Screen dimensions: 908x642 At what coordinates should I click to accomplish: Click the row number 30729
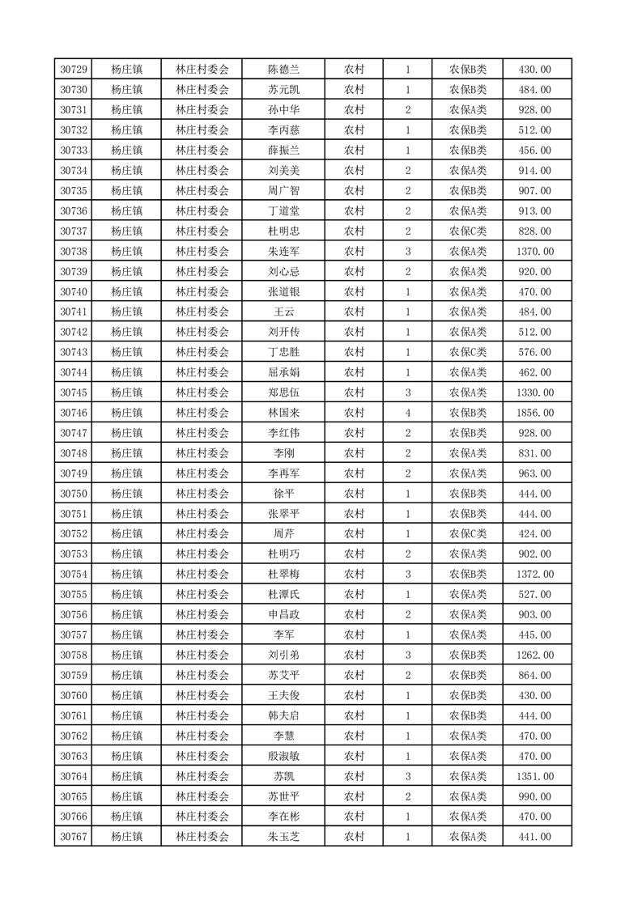pyautogui.click(x=74, y=70)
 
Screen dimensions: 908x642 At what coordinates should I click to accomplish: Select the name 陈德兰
pyautogui.click(x=284, y=70)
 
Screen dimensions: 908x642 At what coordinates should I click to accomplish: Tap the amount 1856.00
pyautogui.click(x=534, y=413)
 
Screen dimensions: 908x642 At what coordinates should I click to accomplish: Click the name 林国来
pyautogui.click(x=284, y=413)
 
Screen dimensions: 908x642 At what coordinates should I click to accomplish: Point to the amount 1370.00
pyautogui.click(x=534, y=252)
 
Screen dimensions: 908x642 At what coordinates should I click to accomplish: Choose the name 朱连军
pyautogui.click(x=284, y=252)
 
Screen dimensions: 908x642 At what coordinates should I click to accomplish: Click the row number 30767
pyautogui.click(x=74, y=837)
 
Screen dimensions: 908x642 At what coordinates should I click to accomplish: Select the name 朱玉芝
pyautogui.click(x=284, y=837)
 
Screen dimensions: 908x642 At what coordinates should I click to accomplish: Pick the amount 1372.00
pyautogui.click(x=534, y=574)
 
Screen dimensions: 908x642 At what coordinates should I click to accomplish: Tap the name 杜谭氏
pyautogui.click(x=284, y=594)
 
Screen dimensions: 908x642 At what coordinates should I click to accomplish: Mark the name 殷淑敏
pyautogui.click(x=284, y=756)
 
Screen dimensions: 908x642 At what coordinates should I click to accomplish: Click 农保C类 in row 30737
pyautogui.click(x=468, y=231)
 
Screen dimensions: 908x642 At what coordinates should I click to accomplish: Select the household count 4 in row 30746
pyautogui.click(x=407, y=413)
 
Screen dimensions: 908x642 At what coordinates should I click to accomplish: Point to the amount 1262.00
pyautogui.click(x=534, y=655)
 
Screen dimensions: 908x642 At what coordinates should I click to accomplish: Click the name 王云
pyautogui.click(x=284, y=312)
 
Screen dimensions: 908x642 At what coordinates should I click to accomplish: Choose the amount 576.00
pyautogui.click(x=534, y=352)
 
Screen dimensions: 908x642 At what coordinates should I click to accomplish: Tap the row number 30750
pyautogui.click(x=74, y=494)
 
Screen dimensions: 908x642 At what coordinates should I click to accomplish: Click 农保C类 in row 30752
pyautogui.click(x=468, y=534)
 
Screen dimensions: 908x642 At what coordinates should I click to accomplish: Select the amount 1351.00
pyautogui.click(x=534, y=776)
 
